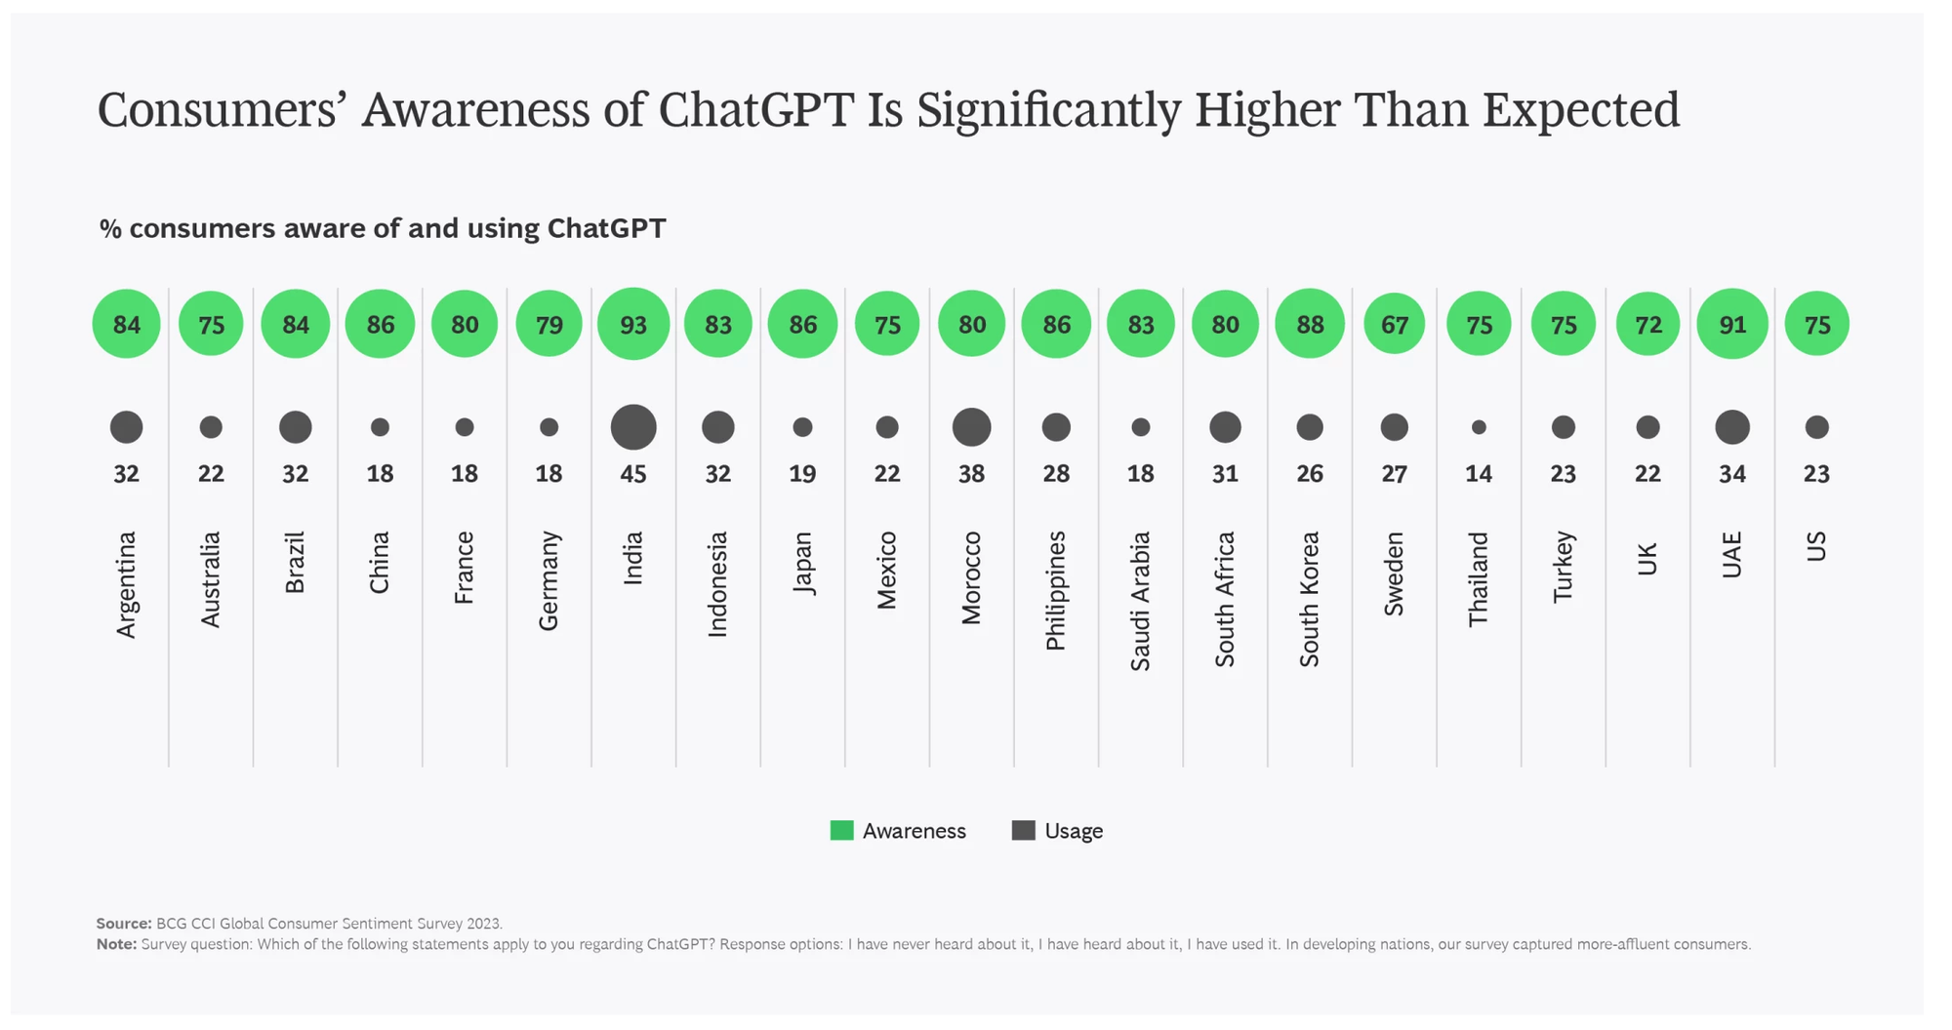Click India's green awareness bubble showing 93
(633, 324)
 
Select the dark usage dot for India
(633, 427)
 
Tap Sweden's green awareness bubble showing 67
(1395, 324)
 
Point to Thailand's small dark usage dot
(1479, 427)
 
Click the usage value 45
(633, 474)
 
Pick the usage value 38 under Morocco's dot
(971, 474)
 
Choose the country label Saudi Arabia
(1140, 601)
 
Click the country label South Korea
(1310, 599)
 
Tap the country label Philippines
(1056, 590)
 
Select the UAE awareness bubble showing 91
(1732, 324)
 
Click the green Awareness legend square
(841, 830)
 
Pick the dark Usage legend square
(1023, 830)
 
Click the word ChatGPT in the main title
(756, 109)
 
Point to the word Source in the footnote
(123, 923)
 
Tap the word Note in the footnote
(115, 944)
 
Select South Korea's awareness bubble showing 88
(1310, 324)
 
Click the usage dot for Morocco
(971, 427)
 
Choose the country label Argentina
(126, 584)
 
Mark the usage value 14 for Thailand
(1479, 474)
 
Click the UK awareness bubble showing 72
(1647, 324)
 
